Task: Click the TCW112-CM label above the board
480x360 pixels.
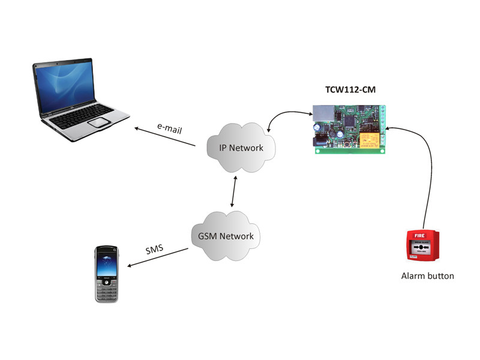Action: (x=350, y=89)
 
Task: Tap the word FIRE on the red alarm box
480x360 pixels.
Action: (x=419, y=235)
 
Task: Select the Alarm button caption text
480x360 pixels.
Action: (x=427, y=276)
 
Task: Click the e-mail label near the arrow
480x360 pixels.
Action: (x=170, y=128)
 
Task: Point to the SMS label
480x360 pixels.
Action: (x=154, y=250)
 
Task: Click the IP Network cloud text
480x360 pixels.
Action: (x=241, y=148)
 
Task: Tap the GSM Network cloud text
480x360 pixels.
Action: (x=226, y=236)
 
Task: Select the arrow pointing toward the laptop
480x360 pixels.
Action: (x=165, y=137)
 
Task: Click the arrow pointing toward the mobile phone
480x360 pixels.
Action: (x=158, y=257)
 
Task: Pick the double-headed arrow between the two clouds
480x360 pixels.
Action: (x=233, y=191)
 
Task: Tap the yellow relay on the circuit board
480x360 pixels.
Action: (x=370, y=140)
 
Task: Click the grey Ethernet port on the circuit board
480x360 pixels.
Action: (x=323, y=112)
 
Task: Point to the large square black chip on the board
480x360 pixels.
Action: (x=350, y=121)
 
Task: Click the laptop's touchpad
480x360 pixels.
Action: (x=98, y=122)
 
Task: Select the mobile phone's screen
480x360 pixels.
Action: (x=106, y=265)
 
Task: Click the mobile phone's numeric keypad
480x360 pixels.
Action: (x=106, y=292)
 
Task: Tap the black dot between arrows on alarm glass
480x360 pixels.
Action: (x=421, y=247)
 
